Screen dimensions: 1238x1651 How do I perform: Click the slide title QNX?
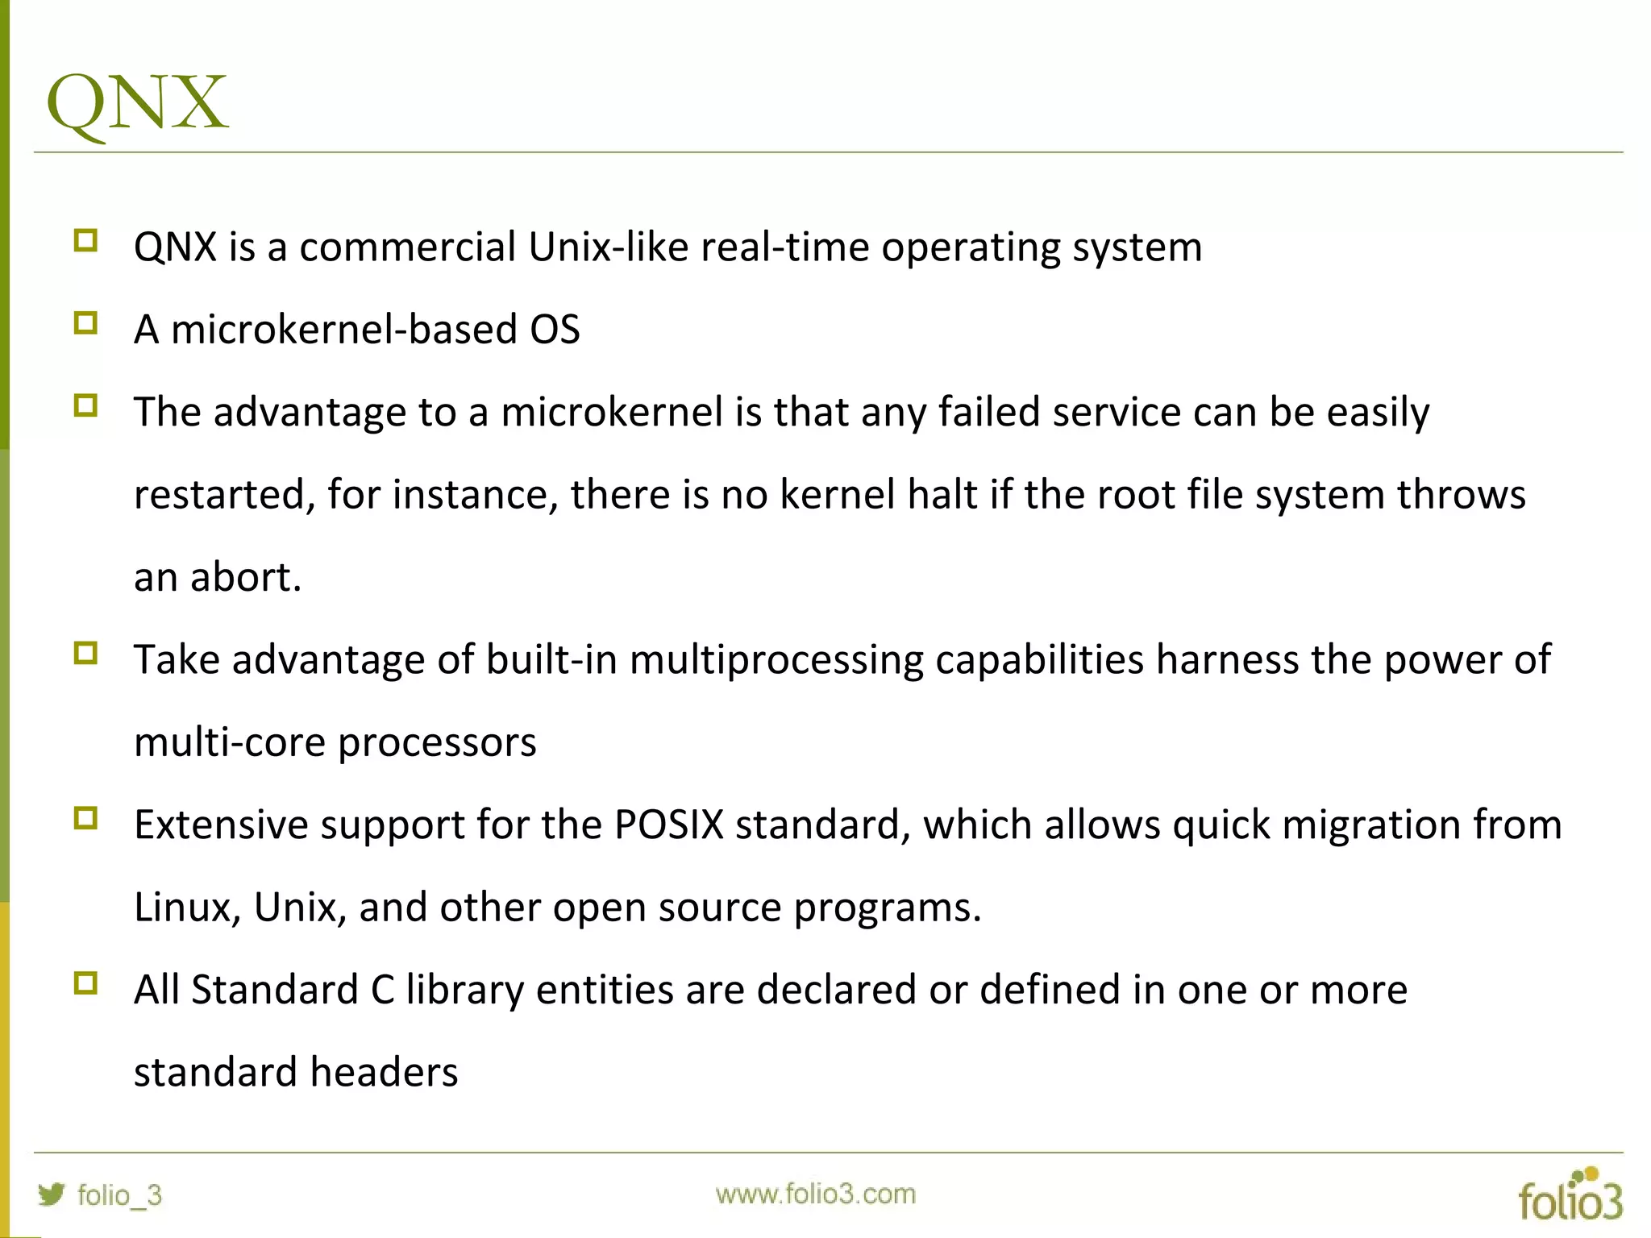pos(137,102)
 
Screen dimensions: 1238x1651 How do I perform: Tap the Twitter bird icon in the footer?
pos(51,1194)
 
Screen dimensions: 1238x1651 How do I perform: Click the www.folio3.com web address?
pos(815,1194)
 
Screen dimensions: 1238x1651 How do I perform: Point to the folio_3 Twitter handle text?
pos(119,1194)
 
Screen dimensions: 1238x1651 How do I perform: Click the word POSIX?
pos(668,825)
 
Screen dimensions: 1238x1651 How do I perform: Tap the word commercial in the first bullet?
pos(407,247)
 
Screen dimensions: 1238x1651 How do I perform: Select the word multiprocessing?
pos(776,660)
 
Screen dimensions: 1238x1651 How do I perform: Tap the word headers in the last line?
pos(384,1073)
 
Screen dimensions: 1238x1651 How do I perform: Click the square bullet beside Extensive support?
pos(85,819)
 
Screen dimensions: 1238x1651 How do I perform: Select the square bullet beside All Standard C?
pos(85,983)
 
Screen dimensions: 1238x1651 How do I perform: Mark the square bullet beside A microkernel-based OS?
pos(85,323)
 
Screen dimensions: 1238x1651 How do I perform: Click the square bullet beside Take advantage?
pos(85,653)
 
